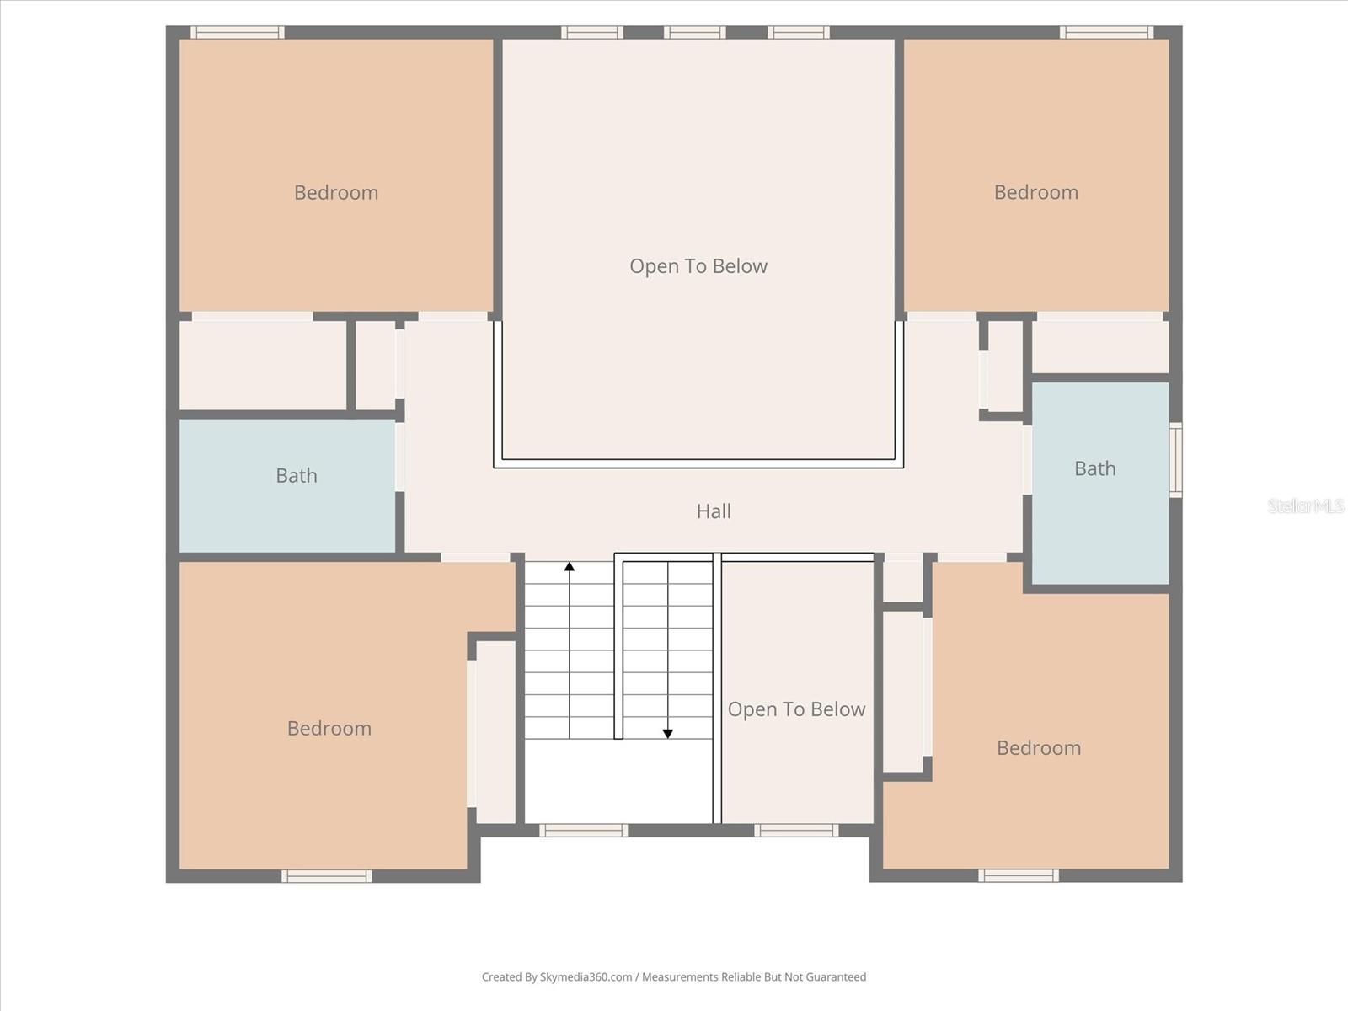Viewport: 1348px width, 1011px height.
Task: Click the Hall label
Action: click(x=714, y=511)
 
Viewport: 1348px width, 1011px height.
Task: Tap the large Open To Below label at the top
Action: click(x=698, y=266)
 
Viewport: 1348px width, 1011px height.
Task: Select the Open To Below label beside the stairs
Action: click(x=796, y=709)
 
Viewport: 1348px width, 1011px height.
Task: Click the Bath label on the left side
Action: click(x=297, y=476)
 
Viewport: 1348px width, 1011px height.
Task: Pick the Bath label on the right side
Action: click(x=1094, y=468)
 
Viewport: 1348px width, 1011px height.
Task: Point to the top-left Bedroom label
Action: click(x=336, y=193)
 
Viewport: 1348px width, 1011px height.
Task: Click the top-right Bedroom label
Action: click(x=1035, y=192)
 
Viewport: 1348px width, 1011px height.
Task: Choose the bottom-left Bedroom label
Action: click(x=329, y=729)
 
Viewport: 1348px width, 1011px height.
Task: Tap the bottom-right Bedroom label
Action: click(x=1038, y=748)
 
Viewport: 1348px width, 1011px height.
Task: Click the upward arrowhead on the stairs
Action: click(x=570, y=567)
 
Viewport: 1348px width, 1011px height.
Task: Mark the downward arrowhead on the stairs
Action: click(x=668, y=734)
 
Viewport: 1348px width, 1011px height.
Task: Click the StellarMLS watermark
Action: click(x=1306, y=505)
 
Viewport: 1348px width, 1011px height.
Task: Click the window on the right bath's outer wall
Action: click(x=1175, y=460)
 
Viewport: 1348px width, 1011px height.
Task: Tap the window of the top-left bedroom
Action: click(x=237, y=33)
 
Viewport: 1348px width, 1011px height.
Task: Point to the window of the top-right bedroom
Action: click(x=1106, y=33)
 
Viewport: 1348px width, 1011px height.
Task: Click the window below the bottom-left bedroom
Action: click(x=327, y=876)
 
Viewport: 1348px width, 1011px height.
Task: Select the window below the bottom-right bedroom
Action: click(x=1019, y=876)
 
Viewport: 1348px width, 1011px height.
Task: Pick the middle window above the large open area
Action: click(x=694, y=33)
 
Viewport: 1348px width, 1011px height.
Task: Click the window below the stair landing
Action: click(x=584, y=831)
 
